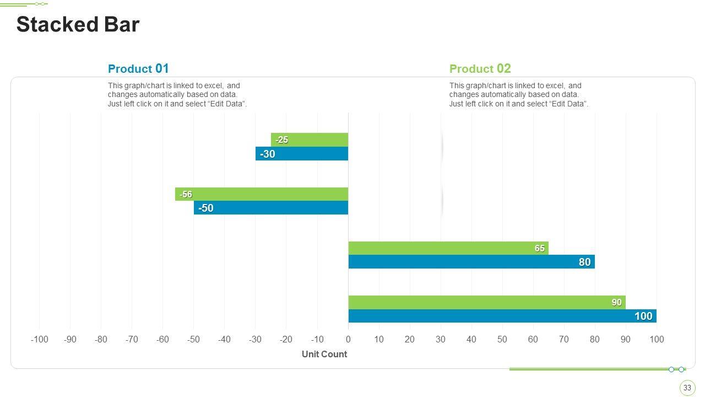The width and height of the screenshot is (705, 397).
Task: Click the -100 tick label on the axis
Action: click(x=39, y=339)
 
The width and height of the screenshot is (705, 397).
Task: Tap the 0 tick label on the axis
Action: click(x=348, y=339)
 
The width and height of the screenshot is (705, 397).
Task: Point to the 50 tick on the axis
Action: click(x=502, y=339)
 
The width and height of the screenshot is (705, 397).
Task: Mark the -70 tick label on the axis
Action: click(x=132, y=339)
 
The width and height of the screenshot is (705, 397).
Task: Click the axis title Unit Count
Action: click(x=324, y=354)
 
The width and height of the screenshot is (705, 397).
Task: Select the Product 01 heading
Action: click(x=138, y=69)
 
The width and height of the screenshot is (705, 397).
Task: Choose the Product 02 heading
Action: click(x=480, y=69)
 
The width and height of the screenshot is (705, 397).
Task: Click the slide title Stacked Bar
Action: click(x=78, y=25)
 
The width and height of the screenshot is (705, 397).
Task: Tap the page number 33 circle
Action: click(x=687, y=388)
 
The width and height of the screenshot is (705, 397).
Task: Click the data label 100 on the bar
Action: click(x=643, y=316)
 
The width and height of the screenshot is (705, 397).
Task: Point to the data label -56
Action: click(x=186, y=194)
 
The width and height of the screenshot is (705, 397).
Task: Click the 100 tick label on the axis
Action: click(x=657, y=339)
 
